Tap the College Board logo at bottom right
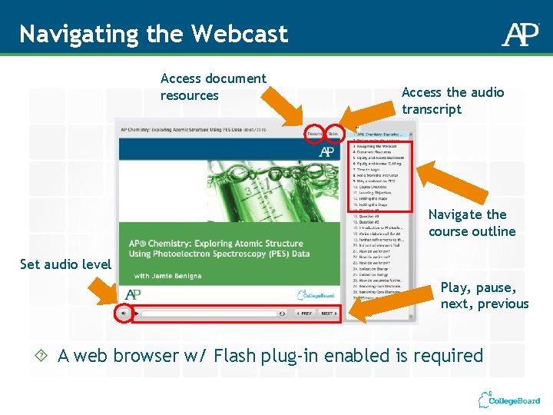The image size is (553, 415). [508, 400]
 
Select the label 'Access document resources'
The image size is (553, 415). [213, 87]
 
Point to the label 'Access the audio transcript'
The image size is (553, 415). [452, 101]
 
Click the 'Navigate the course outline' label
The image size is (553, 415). [472, 223]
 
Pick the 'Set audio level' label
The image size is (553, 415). [65, 264]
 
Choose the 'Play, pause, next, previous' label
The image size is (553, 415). [484, 295]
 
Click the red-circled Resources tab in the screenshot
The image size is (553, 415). [314, 133]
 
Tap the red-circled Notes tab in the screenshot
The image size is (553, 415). [334, 133]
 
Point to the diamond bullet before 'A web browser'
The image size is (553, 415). [43, 356]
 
